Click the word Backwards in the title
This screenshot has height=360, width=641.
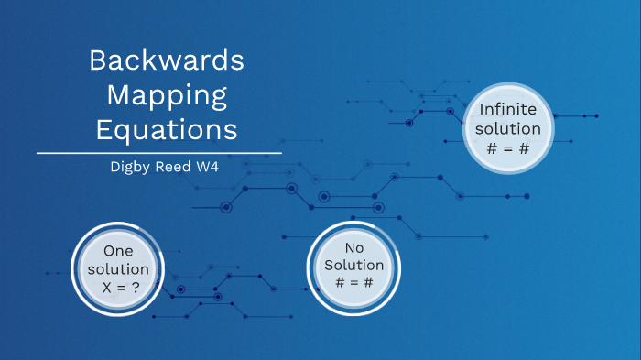pyautogui.click(x=167, y=61)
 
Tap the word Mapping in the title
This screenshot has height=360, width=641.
pyautogui.click(x=167, y=94)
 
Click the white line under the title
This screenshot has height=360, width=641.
pyautogui.click(x=158, y=153)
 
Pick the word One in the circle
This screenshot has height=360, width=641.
pyautogui.click(x=119, y=250)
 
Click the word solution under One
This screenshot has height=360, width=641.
pyautogui.click(x=119, y=268)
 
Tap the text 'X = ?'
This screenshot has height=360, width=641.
pyautogui.click(x=119, y=288)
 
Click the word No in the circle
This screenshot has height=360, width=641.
pyautogui.click(x=354, y=248)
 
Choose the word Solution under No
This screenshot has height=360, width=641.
pyautogui.click(x=354, y=266)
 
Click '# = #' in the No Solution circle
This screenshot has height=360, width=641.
pyautogui.click(x=354, y=284)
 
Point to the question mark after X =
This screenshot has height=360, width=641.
pyautogui.click(x=136, y=288)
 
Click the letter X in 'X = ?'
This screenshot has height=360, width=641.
pyautogui.click(x=103, y=288)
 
